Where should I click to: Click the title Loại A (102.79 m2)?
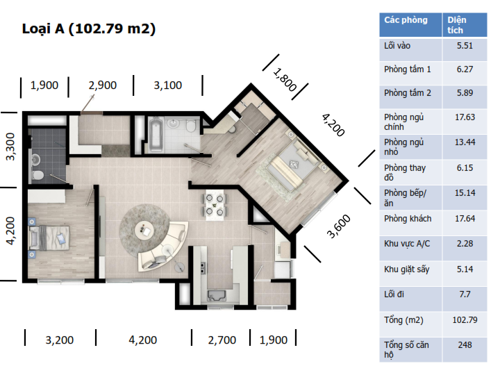pos(89,28)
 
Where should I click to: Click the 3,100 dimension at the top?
pos(168,85)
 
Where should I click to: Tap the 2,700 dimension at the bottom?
pos(222,340)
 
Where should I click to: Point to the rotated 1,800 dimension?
pos(285,80)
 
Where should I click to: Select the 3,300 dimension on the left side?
pos(10,147)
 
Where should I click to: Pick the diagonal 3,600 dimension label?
pos(339,226)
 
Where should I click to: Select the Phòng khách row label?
pos(408,219)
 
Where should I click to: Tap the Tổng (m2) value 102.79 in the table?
pos(465,320)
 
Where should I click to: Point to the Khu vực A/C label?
pos(407,244)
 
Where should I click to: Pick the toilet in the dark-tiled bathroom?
pos(37,175)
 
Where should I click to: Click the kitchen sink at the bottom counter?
pos(217,295)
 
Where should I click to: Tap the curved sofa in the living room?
pos(162,247)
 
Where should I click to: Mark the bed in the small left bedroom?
pos(49,237)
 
